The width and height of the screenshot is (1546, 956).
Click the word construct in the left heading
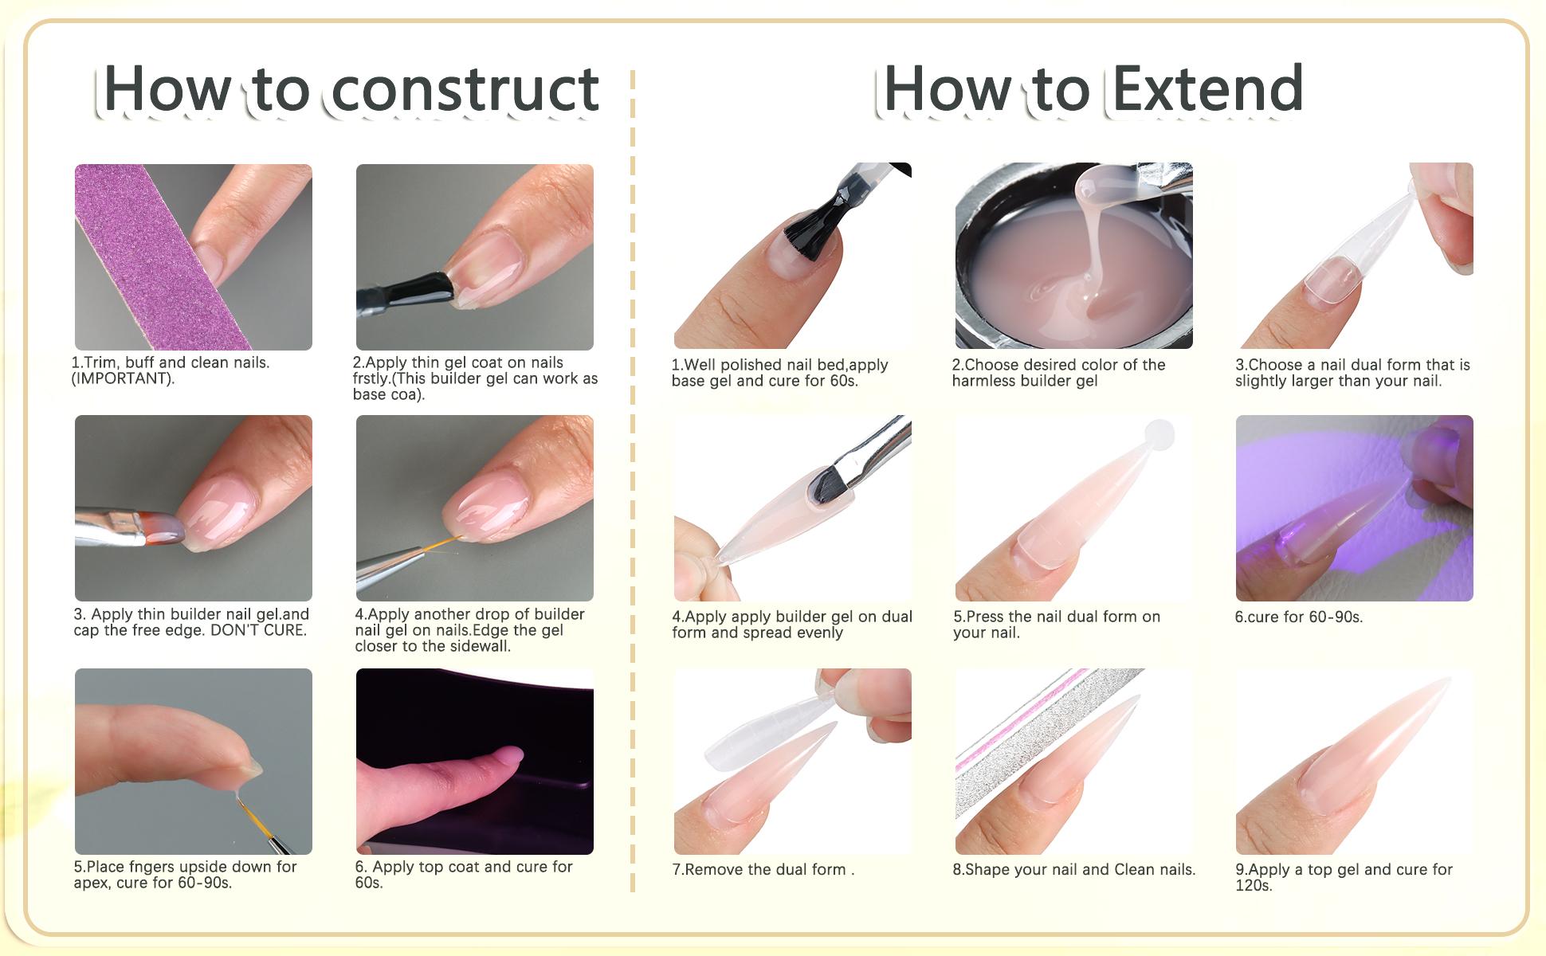(x=465, y=89)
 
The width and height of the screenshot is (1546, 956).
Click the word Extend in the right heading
(x=1207, y=89)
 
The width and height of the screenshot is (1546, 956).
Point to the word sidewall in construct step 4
(x=476, y=646)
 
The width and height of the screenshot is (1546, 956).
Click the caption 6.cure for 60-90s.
(x=1299, y=617)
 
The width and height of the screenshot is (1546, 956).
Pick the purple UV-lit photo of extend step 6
(x=1354, y=508)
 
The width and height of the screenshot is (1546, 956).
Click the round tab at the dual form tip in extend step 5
(x=1159, y=435)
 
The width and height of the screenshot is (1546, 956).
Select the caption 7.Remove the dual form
(x=763, y=870)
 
